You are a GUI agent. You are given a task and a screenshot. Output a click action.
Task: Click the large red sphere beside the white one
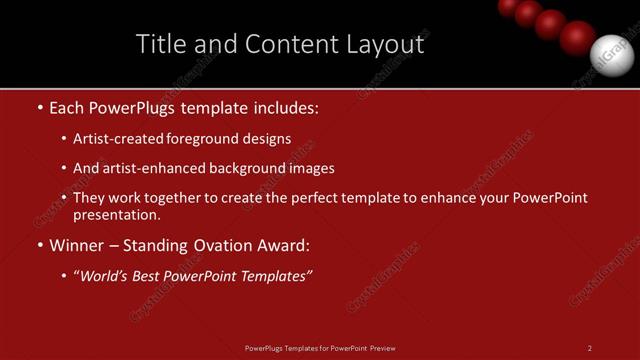577,37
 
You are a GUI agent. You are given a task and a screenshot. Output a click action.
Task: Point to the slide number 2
590,348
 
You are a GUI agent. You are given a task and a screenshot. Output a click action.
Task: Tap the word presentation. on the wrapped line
116,214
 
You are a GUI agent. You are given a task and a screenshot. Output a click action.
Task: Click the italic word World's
105,276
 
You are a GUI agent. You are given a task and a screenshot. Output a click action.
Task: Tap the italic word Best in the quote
149,276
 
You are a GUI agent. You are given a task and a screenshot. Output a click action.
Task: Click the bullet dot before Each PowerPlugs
38,106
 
